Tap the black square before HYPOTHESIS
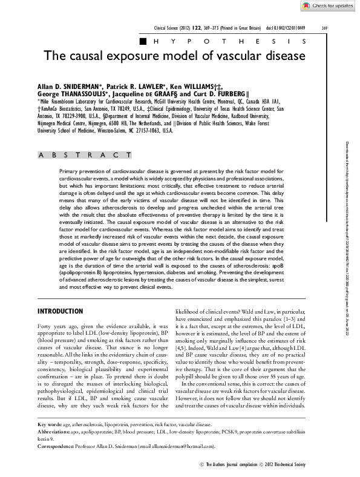tap(143, 41)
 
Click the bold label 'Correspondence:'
tap(56, 446)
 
